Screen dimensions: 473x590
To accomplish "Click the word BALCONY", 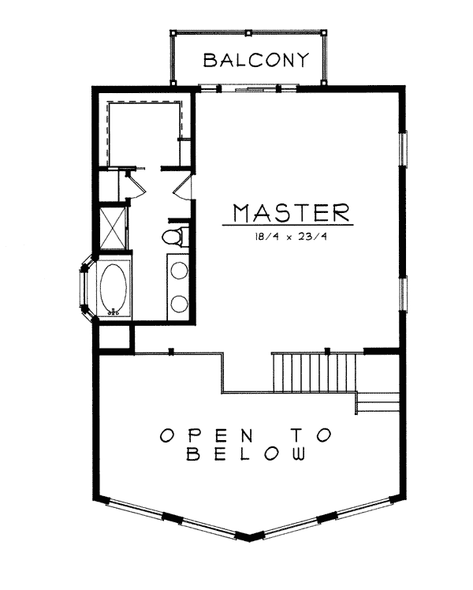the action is click(x=256, y=60).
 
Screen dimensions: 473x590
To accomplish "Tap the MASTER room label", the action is click(x=292, y=213).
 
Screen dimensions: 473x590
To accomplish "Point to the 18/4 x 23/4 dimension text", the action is click(x=291, y=237).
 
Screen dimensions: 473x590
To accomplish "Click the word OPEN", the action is click(x=207, y=435).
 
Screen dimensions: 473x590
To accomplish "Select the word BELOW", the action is click(x=246, y=454).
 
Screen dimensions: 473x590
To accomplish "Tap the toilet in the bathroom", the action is click(x=175, y=237).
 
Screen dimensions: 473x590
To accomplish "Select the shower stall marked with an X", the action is click(x=113, y=228).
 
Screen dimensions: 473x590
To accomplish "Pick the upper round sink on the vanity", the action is click(x=180, y=271).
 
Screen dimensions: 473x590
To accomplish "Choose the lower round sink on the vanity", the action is click(x=180, y=303).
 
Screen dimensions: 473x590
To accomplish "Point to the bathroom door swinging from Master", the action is click(x=183, y=187).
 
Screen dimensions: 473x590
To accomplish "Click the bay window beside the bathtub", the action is click(x=86, y=289).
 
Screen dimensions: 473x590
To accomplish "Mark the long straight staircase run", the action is click(x=314, y=373).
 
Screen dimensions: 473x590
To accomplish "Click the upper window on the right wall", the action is click(x=403, y=147).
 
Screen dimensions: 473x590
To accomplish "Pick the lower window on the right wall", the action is click(x=403, y=294).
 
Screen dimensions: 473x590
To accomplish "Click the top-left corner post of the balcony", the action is click(x=173, y=33).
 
